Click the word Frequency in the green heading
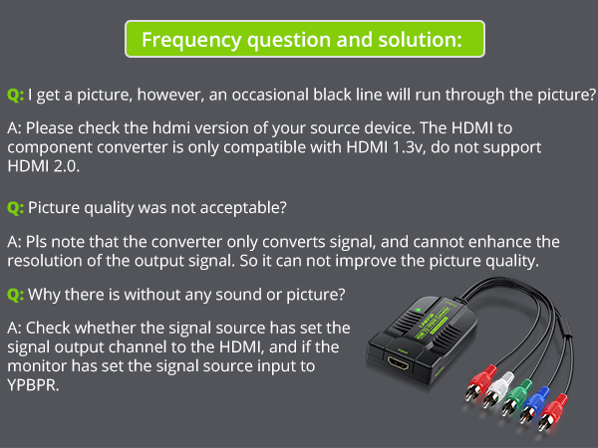click(191, 41)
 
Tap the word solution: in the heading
click(420, 39)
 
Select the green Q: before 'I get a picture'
click(15, 95)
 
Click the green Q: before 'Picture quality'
click(15, 208)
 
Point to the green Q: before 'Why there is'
click(15, 295)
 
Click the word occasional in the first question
click(270, 95)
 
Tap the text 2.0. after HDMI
click(67, 166)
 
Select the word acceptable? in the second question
click(243, 208)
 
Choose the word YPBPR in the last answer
click(33, 385)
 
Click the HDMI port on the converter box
click(398, 362)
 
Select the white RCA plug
click(495, 389)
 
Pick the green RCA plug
click(515, 397)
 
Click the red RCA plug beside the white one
click(478, 382)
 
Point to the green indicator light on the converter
click(419, 310)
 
